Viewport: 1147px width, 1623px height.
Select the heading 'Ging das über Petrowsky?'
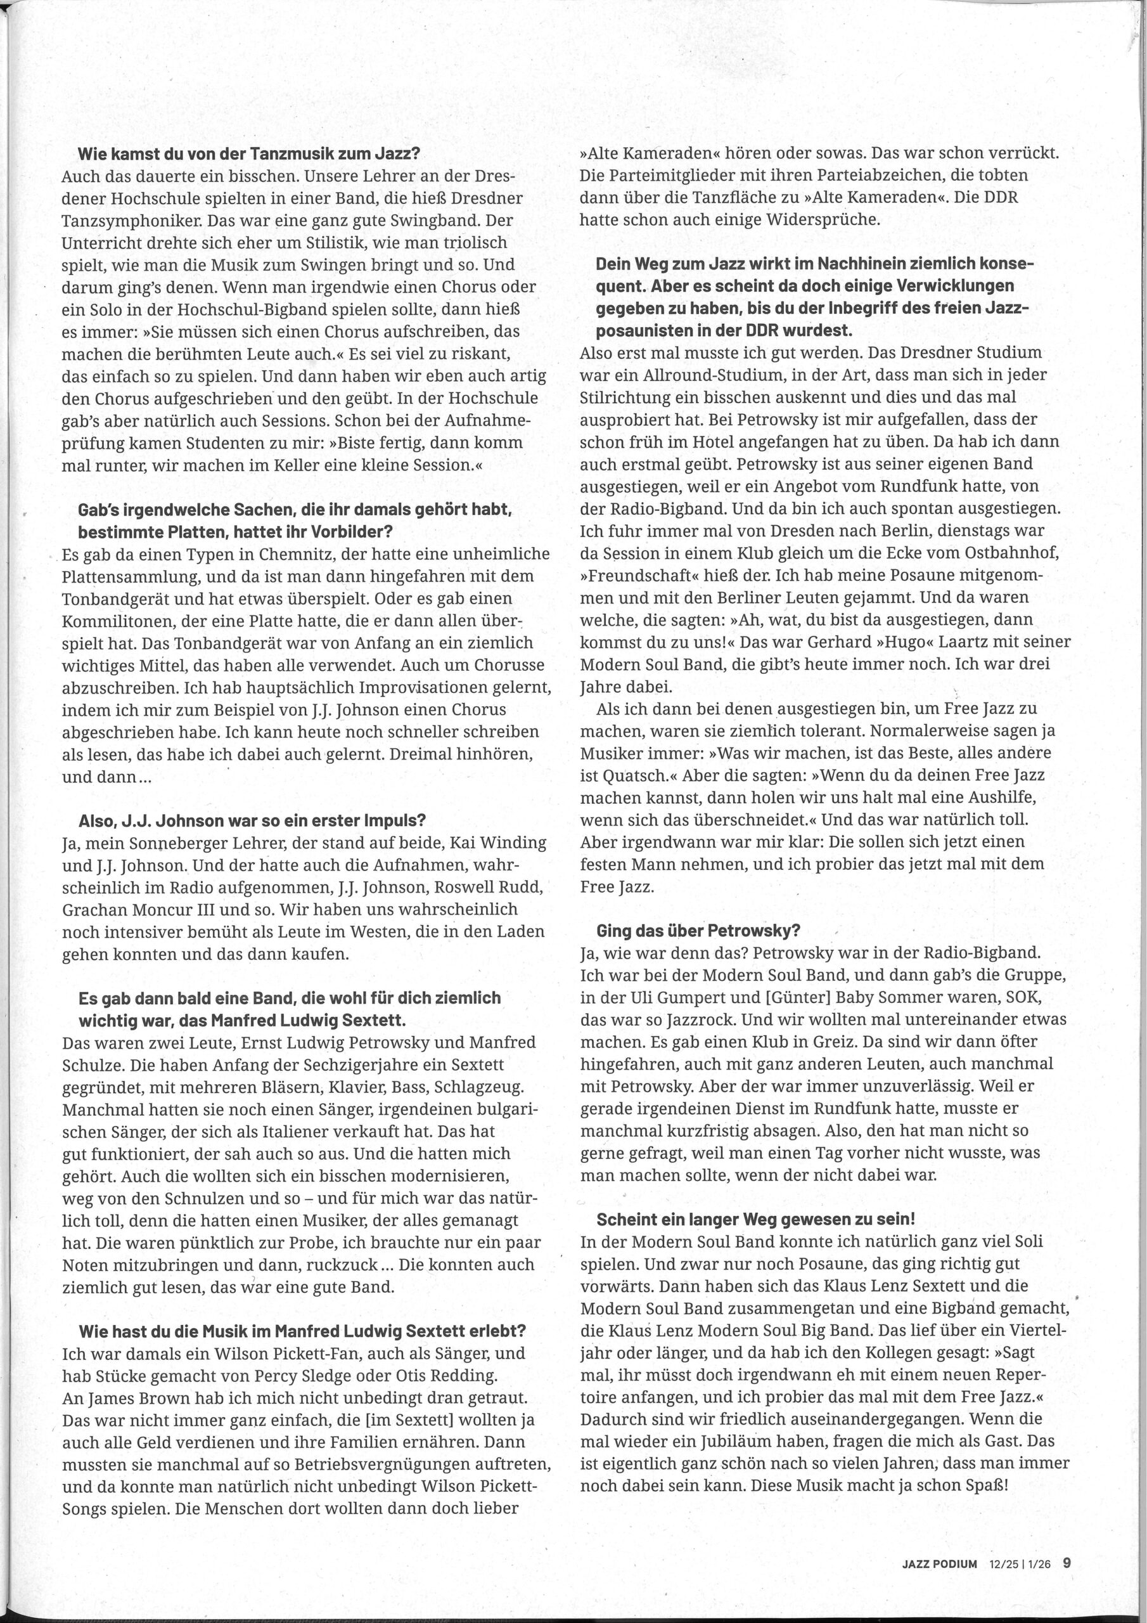698,931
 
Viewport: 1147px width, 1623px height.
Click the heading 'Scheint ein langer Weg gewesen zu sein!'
755,1219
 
